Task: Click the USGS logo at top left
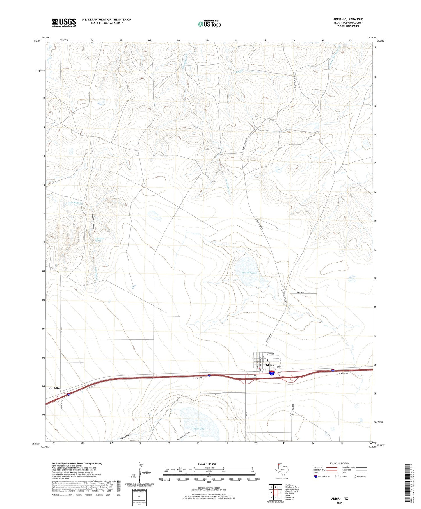tap(64, 22)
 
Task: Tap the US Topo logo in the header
tap(209, 24)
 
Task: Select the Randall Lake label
tap(250, 273)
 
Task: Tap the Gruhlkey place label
tap(55, 388)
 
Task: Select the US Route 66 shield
tap(280, 372)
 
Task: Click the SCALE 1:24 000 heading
tap(207, 464)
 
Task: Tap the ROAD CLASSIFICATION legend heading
tap(340, 463)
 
